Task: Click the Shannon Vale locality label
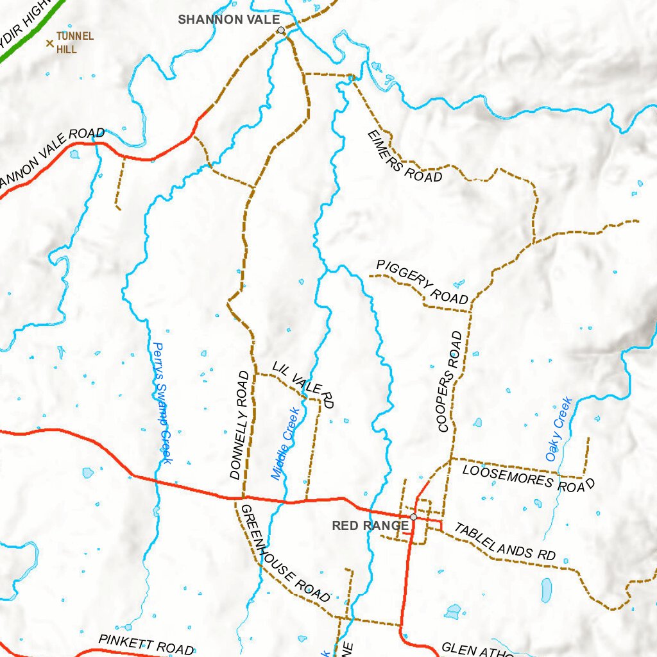click(228, 19)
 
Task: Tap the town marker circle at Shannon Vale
click(280, 30)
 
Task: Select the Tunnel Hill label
click(75, 42)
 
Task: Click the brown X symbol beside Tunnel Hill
click(49, 44)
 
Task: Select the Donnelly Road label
click(239, 425)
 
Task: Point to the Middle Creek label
click(285, 443)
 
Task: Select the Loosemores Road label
click(528, 478)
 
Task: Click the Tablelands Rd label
click(505, 542)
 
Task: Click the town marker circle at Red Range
click(413, 516)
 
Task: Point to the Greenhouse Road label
click(284, 553)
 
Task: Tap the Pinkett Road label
click(146, 644)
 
